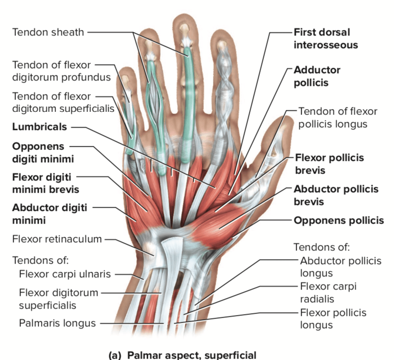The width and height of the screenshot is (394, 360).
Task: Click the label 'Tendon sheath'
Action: pyautogui.click(x=48, y=32)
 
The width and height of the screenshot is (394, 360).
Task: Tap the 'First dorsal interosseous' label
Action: pyautogui.click(x=326, y=39)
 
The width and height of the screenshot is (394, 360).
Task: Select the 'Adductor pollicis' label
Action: pyautogui.click(x=317, y=76)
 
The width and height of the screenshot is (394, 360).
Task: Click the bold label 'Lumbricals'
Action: pyautogui.click(x=40, y=127)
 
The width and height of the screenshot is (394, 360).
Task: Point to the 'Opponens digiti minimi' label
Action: pyautogui.click(x=43, y=153)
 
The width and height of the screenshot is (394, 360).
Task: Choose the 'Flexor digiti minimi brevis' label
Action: pyautogui.click(x=45, y=183)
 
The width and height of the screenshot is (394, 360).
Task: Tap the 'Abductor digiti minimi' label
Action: pyautogui.click(x=50, y=214)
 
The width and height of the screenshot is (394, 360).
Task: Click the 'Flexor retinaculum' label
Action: pyautogui.click(x=57, y=239)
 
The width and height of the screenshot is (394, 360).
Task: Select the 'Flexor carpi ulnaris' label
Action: pyautogui.click(x=65, y=274)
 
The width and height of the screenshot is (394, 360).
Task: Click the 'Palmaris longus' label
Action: pyautogui.click(x=57, y=323)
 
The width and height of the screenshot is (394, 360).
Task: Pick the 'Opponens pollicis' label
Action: pyautogui.click(x=338, y=220)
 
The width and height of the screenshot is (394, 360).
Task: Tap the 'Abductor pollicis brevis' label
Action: pyautogui.click(x=336, y=195)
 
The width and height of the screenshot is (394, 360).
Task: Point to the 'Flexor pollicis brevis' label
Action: pyautogui.click(x=329, y=164)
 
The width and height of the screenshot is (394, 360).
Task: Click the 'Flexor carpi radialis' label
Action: pyautogui.click(x=328, y=293)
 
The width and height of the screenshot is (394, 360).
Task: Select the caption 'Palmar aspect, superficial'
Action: pyautogui.click(x=192, y=355)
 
